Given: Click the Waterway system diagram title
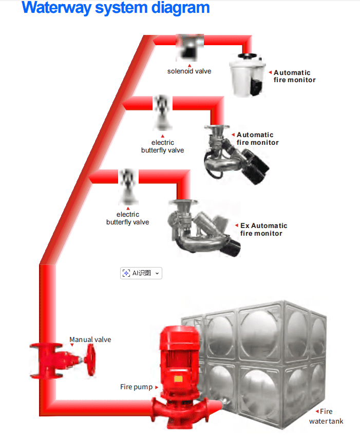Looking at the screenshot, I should click(116, 9).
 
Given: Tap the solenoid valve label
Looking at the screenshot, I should click(189, 71).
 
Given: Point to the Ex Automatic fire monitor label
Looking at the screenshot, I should click(263, 230).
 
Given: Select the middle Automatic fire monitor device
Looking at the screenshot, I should click(234, 153).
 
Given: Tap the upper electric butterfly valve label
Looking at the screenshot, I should click(162, 146).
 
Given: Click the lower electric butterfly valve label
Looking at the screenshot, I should click(127, 218).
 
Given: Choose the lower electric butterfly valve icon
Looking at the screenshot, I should click(127, 185).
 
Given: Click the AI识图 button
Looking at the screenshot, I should click(141, 273).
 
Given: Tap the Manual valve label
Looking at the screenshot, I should click(90, 339).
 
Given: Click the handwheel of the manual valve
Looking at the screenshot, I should click(91, 359).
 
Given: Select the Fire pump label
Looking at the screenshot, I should click(136, 387).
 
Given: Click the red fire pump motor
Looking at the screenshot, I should click(176, 359).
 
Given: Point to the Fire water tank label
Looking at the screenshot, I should click(326, 416).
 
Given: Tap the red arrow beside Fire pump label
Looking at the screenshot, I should click(156, 387).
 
